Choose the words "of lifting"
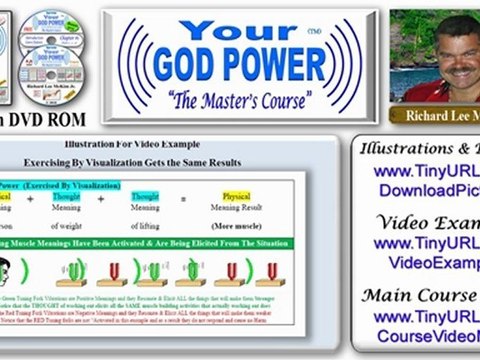(x=148, y=226)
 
